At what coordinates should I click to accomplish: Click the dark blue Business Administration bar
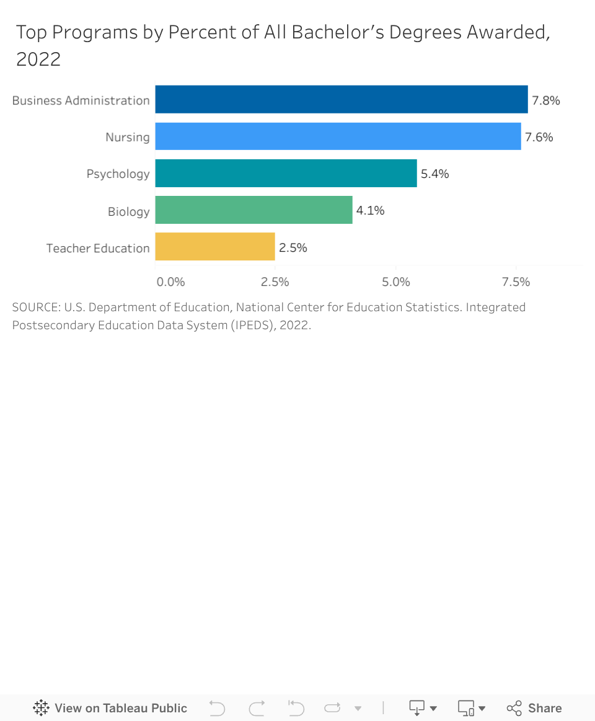pos(341,99)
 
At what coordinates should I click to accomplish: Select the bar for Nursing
pos(338,136)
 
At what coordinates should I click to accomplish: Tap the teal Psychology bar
pos(286,173)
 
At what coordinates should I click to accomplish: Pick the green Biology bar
pos(253,210)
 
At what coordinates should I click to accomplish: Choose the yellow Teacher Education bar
pos(214,247)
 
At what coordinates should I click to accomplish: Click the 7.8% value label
pos(546,100)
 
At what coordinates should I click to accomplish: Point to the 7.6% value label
pos(539,137)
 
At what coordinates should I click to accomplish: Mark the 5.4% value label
pos(435,174)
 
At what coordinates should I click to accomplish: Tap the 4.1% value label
pos(371,211)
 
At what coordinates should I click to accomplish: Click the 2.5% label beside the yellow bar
pos(293,248)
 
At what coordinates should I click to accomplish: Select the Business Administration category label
pos(81,100)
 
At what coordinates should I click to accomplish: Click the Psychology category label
pos(118,174)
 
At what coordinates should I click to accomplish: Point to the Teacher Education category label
pos(98,249)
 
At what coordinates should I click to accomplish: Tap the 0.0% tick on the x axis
pos(170,282)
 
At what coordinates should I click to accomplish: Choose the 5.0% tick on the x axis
pos(396,282)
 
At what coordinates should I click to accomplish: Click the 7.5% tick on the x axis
pos(516,282)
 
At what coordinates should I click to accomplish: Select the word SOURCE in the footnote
pos(35,307)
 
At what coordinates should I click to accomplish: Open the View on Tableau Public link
pos(110,708)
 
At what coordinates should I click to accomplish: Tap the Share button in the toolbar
pos(534,708)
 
